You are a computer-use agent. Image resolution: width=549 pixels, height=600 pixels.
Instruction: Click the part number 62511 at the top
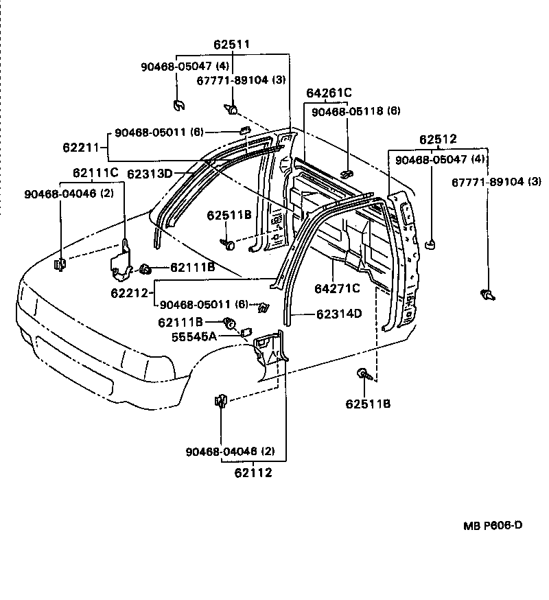click(x=231, y=45)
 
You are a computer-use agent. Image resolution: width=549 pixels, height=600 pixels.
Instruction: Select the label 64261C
click(x=329, y=93)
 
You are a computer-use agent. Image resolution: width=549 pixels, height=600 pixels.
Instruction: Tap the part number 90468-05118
click(x=348, y=111)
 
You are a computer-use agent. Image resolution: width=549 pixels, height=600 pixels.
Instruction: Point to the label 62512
click(x=438, y=139)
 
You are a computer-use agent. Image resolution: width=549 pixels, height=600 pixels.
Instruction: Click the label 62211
click(x=80, y=147)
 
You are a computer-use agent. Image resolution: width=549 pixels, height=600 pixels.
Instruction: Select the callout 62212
click(x=129, y=292)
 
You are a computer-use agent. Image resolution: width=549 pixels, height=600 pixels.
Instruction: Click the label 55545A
click(x=194, y=336)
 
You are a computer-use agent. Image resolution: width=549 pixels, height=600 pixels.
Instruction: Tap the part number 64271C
click(x=337, y=288)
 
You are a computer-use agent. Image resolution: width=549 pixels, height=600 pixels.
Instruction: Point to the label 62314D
click(x=339, y=314)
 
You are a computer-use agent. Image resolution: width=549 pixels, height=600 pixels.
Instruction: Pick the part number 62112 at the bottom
click(x=253, y=472)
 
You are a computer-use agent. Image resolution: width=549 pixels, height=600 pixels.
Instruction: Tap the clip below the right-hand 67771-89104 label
click(x=488, y=295)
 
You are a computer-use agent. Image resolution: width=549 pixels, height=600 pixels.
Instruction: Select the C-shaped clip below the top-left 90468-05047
click(x=178, y=105)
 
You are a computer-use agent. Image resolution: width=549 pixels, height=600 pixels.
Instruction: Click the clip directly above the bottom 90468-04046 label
click(x=221, y=400)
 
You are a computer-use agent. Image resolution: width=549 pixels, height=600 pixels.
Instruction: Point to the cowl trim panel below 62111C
click(x=121, y=261)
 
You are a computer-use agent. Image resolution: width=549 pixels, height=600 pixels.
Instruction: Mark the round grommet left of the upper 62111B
click(x=145, y=268)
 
